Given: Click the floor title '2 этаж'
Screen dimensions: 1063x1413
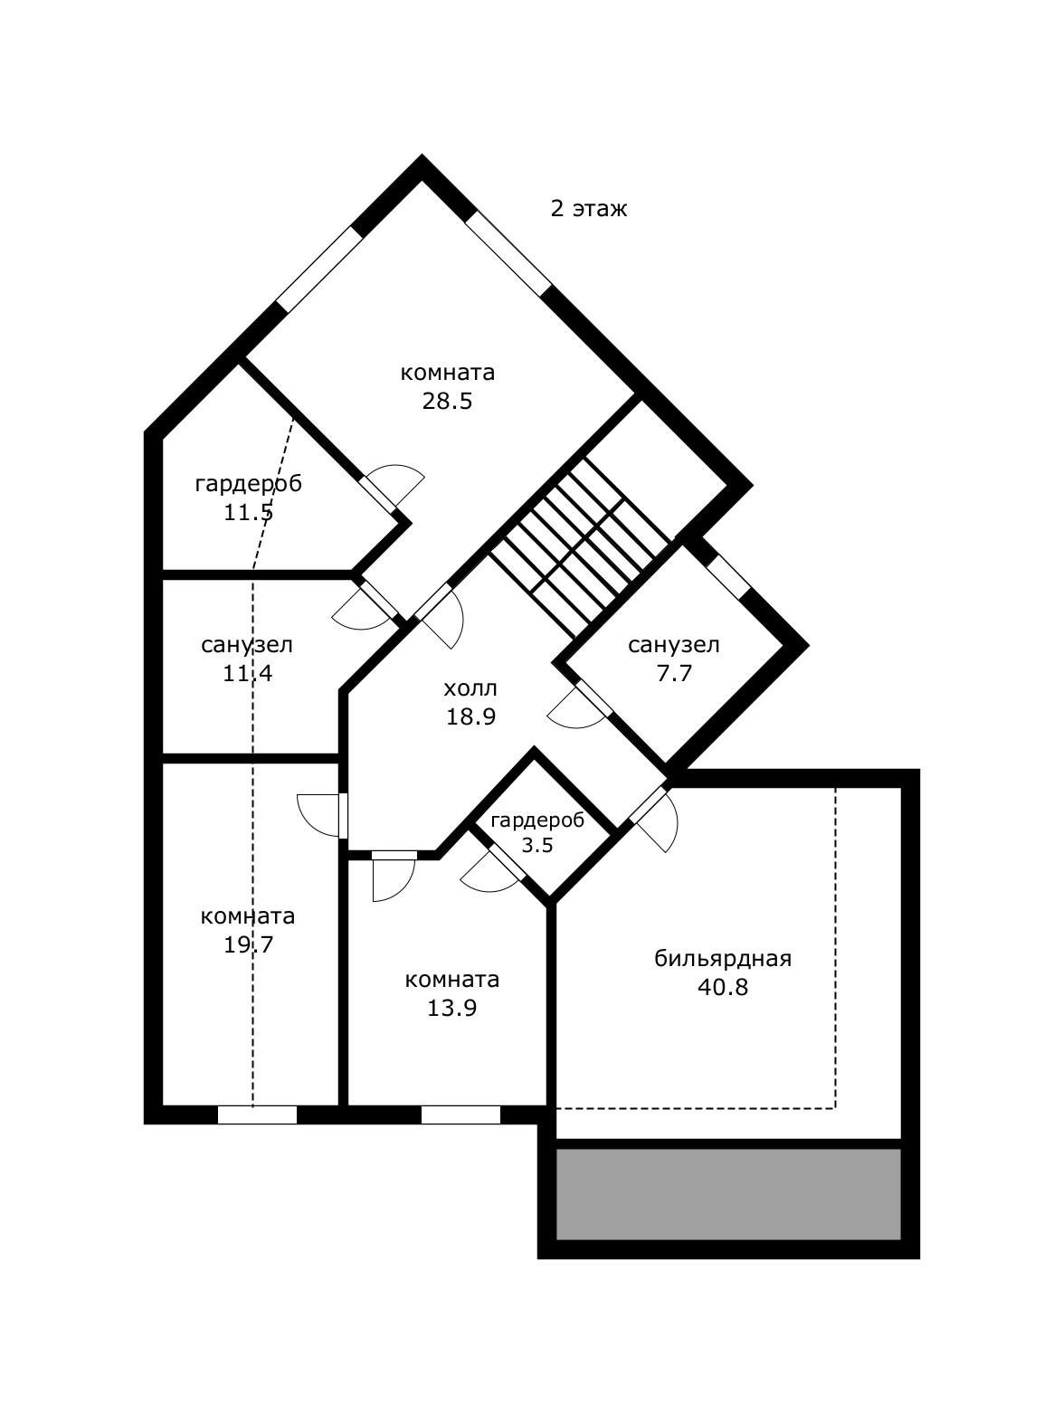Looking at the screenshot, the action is point(588,209).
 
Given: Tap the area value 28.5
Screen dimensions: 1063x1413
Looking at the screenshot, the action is point(448,401).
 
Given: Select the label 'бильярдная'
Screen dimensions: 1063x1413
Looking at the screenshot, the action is point(723,959).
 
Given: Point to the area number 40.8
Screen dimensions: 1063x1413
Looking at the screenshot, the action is point(723,988).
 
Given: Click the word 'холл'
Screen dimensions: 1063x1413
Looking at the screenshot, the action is point(470,688).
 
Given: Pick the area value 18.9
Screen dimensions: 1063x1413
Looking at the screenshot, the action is point(471,716).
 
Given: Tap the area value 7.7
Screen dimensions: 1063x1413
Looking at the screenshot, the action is point(674,673).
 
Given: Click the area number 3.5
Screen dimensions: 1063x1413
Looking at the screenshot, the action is point(537,845).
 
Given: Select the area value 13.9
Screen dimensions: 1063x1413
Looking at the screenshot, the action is point(452,1008).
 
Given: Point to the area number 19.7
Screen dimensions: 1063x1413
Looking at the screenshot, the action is point(249,945).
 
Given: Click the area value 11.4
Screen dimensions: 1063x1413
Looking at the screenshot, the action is point(248,673).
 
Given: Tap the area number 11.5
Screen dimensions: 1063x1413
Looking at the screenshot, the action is point(249,512).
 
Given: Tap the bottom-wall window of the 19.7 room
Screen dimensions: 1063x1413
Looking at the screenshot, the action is point(257,1115).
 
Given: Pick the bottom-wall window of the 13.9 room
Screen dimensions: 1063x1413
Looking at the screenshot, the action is point(461,1115).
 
